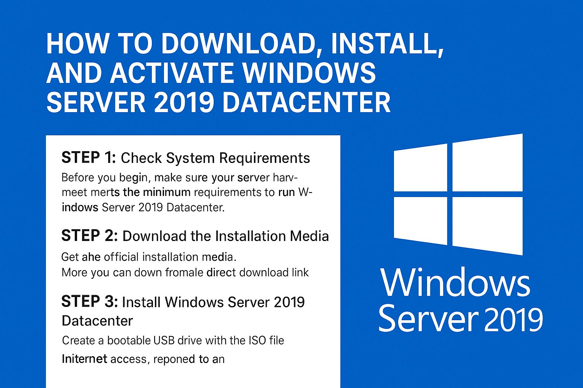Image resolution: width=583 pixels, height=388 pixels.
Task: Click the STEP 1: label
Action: (88, 158)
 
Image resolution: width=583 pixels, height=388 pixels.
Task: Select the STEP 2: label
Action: (90, 236)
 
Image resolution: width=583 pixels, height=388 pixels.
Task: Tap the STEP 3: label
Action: (90, 302)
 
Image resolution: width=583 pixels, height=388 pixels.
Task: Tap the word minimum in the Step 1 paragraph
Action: (167, 192)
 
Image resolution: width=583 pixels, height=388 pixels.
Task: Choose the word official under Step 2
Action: (121, 257)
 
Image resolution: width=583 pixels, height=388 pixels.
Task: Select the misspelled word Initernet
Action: (84, 359)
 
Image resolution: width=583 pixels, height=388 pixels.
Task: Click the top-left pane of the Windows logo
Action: (420, 168)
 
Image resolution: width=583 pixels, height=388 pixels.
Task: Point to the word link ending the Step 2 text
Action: (300, 272)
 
